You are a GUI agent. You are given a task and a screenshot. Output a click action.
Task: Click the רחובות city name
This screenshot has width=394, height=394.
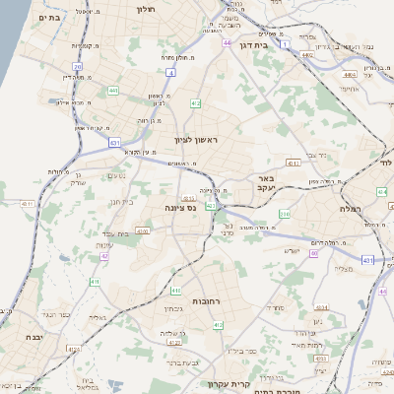pos(209,301)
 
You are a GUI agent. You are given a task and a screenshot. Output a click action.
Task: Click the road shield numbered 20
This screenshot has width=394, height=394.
pos(77,66)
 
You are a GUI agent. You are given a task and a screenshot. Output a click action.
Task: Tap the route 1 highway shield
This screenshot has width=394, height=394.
pos(285,44)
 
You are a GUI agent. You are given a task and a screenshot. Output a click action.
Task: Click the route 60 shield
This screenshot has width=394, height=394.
pos(313,253)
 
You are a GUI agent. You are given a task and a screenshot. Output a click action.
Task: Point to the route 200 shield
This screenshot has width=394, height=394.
pos(285,214)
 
